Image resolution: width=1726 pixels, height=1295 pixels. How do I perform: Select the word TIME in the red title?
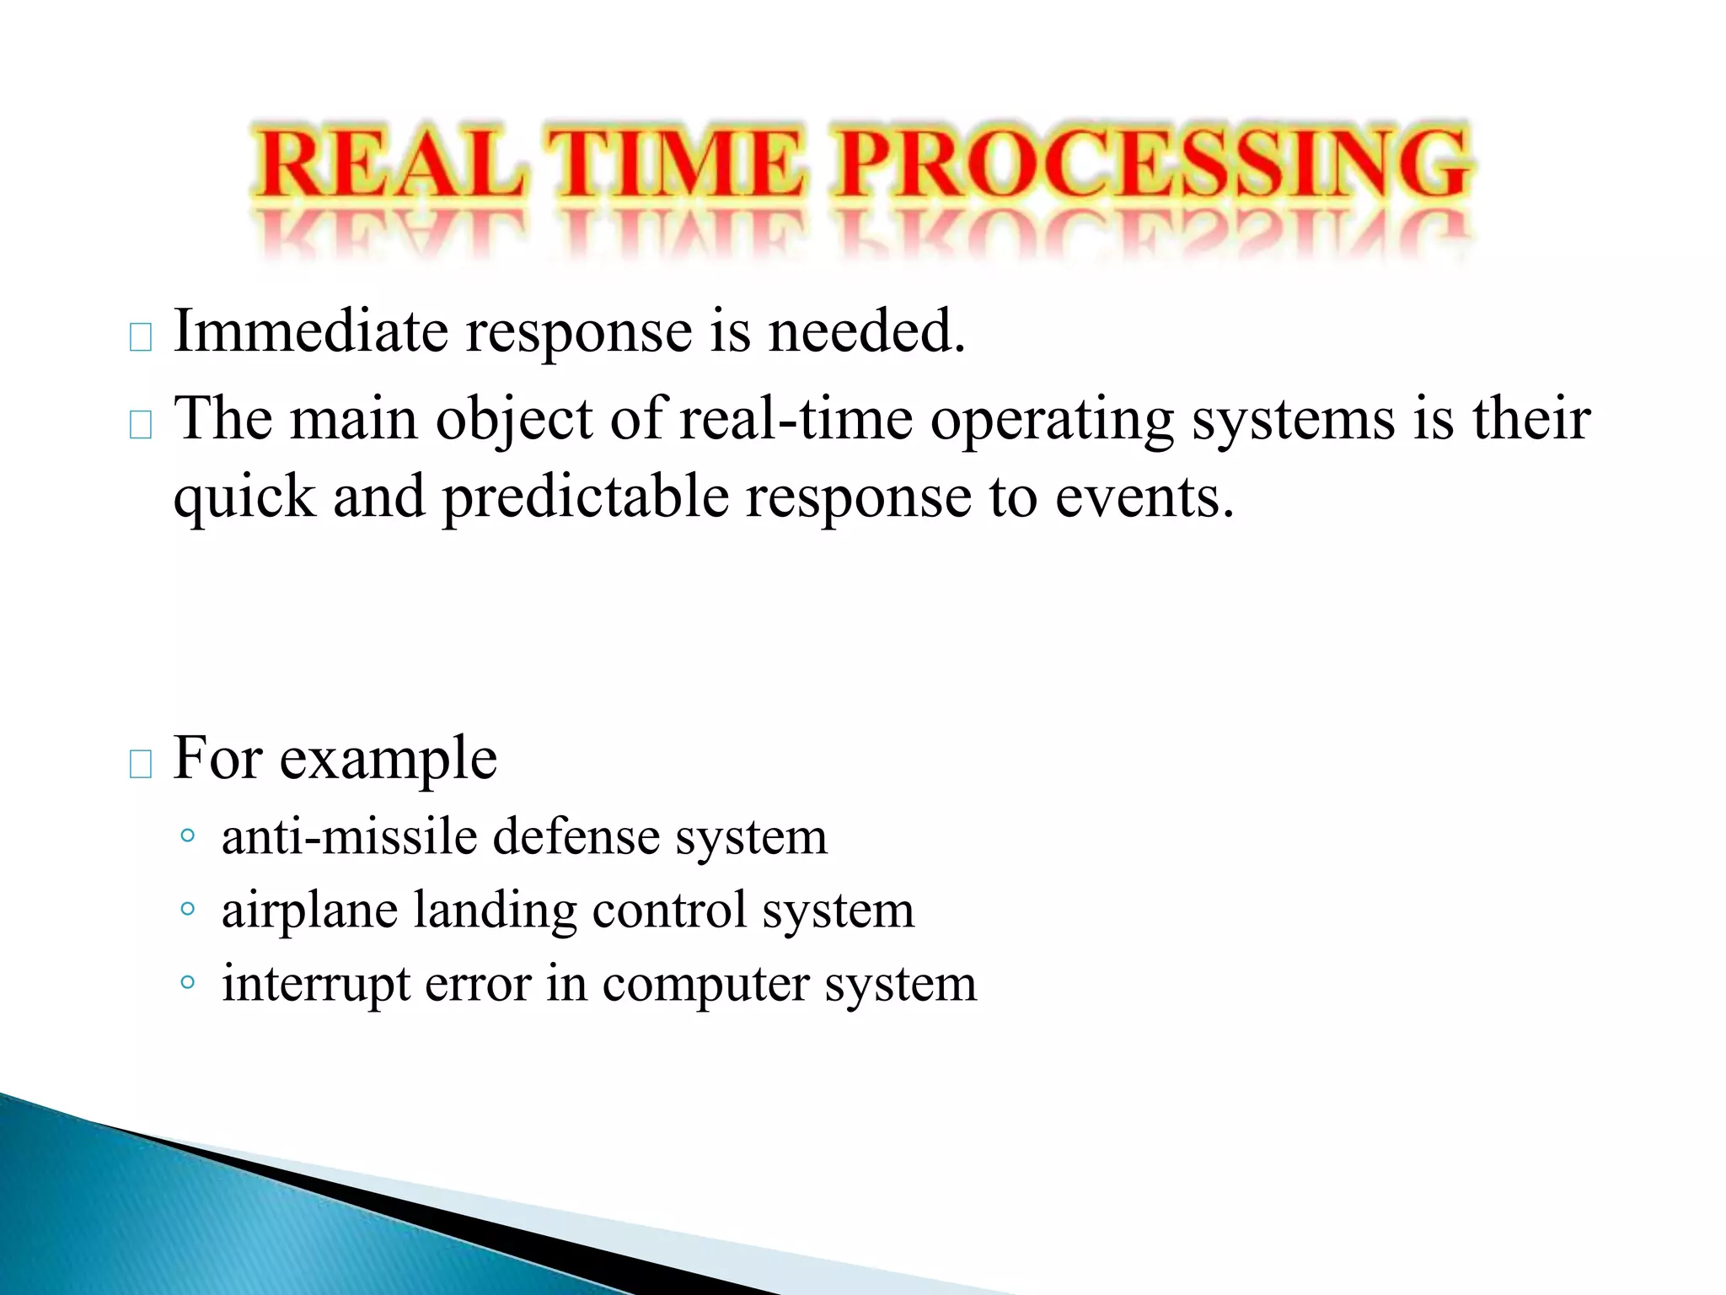tap(678, 165)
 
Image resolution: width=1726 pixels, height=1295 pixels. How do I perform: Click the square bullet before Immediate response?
tap(141, 337)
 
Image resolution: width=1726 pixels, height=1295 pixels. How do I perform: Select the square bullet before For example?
tap(141, 764)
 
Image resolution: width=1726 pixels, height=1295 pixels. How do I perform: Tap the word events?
tap(1144, 497)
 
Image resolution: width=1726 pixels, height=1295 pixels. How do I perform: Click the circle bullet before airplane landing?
tap(188, 909)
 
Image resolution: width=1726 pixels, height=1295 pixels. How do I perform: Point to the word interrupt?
tap(316, 985)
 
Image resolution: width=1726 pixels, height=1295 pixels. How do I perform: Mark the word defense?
tap(576, 837)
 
